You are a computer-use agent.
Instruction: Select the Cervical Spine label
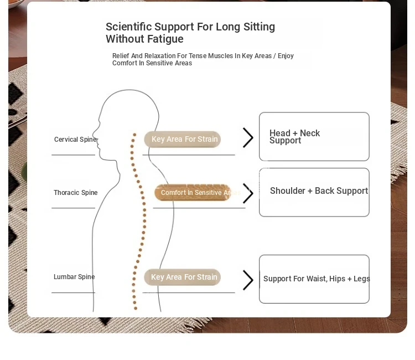click(75, 140)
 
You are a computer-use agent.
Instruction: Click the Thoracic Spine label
click(76, 193)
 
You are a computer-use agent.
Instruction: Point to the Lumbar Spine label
click(74, 277)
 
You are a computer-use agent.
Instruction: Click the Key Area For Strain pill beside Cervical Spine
click(183, 140)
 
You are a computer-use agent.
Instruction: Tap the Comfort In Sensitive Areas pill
click(193, 193)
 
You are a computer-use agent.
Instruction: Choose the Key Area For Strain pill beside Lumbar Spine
click(183, 277)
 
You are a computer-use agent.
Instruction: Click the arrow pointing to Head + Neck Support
click(248, 138)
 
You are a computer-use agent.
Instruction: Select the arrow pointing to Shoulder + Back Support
click(248, 193)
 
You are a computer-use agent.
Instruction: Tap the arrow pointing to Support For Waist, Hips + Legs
click(248, 280)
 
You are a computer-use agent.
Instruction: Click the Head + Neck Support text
click(294, 137)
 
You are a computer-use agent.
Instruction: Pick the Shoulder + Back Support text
click(319, 191)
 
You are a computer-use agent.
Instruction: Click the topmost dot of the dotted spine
click(134, 135)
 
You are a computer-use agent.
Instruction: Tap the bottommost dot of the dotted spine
click(136, 308)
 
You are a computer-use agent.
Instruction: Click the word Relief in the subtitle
click(121, 56)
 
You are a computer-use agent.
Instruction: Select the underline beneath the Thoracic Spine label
click(73, 208)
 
